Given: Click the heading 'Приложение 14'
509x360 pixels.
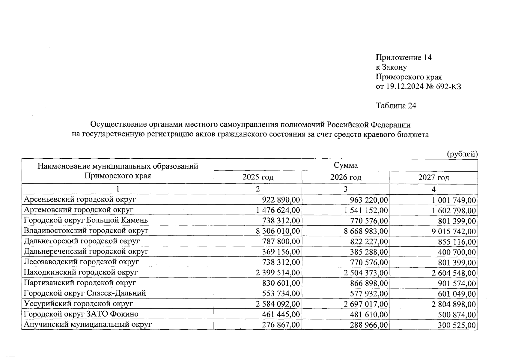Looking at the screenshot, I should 403,58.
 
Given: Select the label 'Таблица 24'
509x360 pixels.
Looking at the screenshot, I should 396,106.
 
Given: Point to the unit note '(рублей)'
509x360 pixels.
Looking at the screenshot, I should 462,154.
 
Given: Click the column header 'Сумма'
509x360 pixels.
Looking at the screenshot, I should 346,165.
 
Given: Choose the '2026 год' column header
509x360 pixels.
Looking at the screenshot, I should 346,177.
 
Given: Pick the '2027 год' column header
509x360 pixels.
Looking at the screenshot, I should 433,177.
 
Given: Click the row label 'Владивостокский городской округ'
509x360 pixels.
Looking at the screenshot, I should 86,230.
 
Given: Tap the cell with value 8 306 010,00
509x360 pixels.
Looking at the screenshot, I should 278,231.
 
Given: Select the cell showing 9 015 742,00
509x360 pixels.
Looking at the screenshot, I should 454,231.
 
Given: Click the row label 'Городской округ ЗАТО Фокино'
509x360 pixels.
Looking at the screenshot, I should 81,314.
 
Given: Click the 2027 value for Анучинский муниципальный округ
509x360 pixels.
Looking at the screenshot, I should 457,325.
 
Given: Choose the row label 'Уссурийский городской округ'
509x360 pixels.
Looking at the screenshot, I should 78,304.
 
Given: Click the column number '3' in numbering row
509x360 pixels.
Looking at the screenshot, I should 346,189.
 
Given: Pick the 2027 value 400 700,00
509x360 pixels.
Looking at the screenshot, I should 457,252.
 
